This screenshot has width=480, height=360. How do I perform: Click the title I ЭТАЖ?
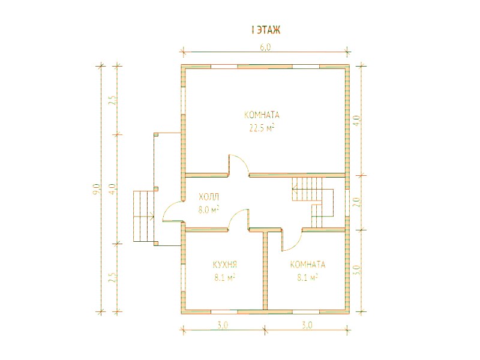point(266,30)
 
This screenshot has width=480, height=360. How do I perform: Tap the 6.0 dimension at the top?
point(266,47)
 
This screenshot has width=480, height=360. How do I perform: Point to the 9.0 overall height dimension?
point(97,189)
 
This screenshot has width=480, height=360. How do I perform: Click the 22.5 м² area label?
point(262,128)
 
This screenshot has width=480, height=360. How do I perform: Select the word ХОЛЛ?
point(209,197)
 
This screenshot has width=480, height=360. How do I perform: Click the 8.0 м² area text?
point(208,210)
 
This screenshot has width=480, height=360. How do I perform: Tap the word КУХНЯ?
point(225,265)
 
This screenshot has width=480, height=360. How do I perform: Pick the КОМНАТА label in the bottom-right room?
point(308,265)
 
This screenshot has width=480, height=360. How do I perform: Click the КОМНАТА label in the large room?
point(262,115)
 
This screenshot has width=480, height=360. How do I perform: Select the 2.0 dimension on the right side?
point(356,202)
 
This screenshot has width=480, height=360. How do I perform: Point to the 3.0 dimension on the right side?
point(356,269)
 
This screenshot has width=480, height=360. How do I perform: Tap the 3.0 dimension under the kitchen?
point(223,325)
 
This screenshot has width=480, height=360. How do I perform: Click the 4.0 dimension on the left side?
point(112,189)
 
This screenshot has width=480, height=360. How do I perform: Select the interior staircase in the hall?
point(313,202)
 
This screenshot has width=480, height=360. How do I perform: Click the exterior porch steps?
point(143,216)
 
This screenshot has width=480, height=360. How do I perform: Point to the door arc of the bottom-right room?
point(295,244)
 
